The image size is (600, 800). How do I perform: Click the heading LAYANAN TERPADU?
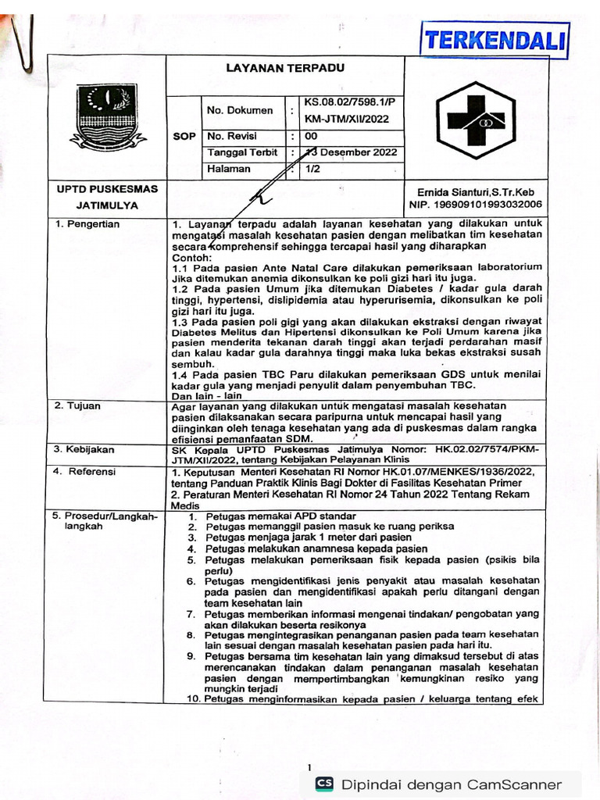(x=285, y=68)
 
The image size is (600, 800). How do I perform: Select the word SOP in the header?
(x=184, y=136)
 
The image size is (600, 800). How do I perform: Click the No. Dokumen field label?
(x=239, y=110)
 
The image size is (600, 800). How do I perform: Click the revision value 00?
(x=311, y=136)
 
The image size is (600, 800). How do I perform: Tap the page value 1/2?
(x=312, y=169)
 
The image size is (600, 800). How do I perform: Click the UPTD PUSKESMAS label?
(x=107, y=189)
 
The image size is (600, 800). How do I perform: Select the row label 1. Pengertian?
(x=87, y=224)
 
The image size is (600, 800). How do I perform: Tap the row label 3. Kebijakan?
(x=84, y=449)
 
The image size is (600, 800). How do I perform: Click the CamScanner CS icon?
(x=323, y=784)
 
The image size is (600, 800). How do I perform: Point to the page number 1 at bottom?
(x=309, y=766)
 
